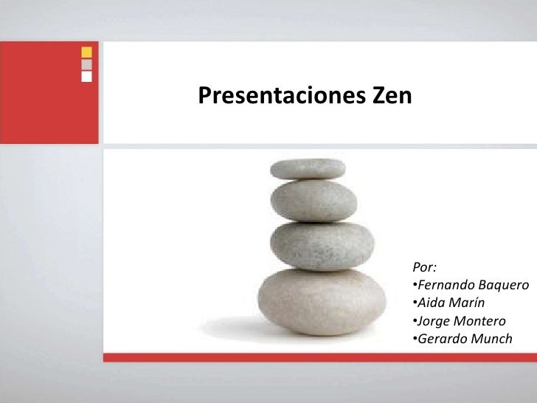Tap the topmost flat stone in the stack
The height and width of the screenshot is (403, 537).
coord(308,169)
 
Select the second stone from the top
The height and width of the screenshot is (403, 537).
coord(313,200)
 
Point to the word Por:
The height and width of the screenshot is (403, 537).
coord(424,266)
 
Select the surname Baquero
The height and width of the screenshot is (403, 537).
coord(504,285)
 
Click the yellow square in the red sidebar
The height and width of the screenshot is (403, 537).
coord(86,52)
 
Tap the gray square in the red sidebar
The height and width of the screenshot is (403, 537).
coord(86,64)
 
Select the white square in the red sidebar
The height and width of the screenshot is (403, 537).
coord(86,75)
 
